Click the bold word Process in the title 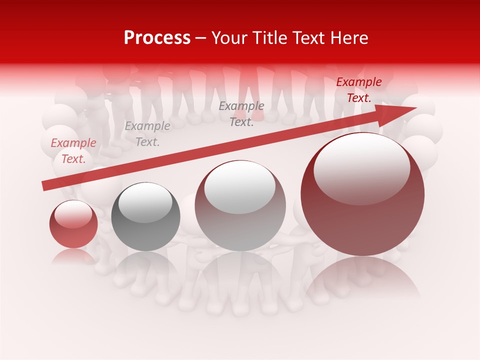[x=157, y=38]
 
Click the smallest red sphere [x=73, y=224]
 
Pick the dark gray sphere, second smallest [x=145, y=217]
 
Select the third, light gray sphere [x=240, y=205]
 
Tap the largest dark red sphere [x=362, y=194]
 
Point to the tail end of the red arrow [x=44, y=186]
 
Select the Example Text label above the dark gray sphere [x=147, y=134]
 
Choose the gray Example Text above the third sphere [x=241, y=113]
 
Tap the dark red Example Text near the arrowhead [x=358, y=90]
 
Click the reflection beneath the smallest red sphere [x=73, y=256]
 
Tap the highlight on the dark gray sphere [x=145, y=202]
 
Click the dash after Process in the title [x=200, y=38]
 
